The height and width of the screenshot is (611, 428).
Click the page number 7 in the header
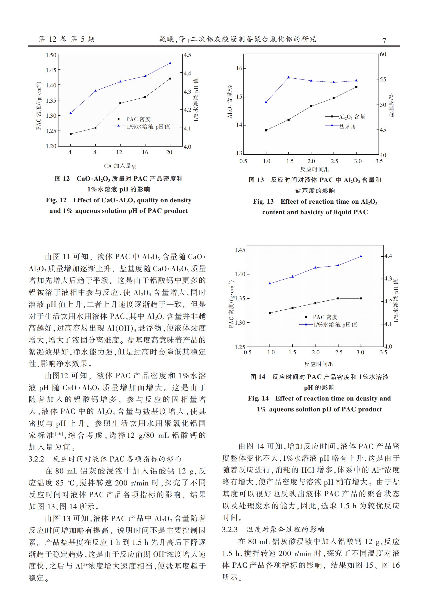tap(384, 41)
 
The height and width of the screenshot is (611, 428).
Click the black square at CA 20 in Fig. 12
tap(170, 79)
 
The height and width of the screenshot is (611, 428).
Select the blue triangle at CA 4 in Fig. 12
tap(71, 113)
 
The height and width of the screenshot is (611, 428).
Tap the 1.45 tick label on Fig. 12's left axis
tap(51, 70)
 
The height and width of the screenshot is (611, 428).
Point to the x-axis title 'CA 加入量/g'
tap(120, 166)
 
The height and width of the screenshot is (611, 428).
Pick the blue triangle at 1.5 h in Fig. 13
tap(289, 78)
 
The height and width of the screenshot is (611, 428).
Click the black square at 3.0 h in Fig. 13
tap(356, 87)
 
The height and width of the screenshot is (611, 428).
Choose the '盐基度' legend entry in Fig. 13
tap(348, 127)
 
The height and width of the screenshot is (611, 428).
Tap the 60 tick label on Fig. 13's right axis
tap(383, 54)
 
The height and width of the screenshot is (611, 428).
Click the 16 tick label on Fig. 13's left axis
tap(239, 68)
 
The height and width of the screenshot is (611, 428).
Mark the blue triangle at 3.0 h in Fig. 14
tap(361, 256)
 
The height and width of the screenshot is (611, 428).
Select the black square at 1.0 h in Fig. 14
tap(270, 313)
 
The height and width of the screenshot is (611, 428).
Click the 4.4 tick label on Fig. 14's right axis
tap(388, 256)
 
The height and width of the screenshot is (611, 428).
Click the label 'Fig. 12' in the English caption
tap(56, 200)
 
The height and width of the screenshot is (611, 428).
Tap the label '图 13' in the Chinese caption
tap(256, 180)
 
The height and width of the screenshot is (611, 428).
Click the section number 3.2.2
tap(36, 459)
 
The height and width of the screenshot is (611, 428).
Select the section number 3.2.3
tap(230, 530)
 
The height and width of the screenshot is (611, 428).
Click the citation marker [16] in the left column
tap(59, 433)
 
